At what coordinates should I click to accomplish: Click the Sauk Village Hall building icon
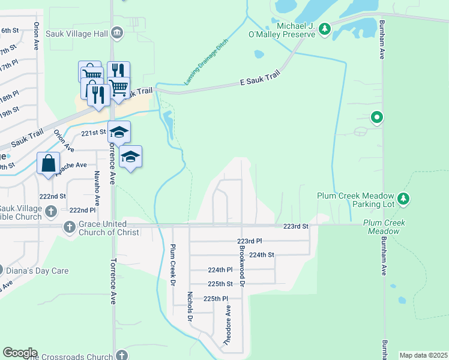(118, 34)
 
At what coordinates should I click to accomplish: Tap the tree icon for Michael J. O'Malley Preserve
(325, 29)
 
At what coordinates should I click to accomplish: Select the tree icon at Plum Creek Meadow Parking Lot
(404, 198)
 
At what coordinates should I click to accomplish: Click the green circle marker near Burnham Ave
(377, 118)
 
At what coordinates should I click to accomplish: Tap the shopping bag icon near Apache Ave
(48, 163)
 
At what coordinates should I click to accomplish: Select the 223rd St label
(295, 226)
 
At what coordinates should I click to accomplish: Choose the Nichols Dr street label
(189, 307)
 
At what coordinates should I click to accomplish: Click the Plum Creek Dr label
(172, 264)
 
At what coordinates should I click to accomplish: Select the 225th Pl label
(215, 298)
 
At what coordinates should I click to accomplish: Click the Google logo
(20, 353)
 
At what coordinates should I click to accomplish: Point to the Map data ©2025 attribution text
(424, 355)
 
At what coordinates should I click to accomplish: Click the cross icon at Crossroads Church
(123, 356)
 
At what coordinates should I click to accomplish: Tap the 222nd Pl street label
(82, 210)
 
